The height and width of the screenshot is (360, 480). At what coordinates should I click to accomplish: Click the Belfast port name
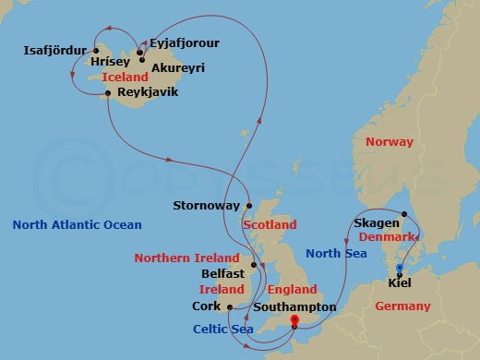click(222, 274)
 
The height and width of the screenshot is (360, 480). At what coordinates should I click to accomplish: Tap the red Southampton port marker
click(294, 321)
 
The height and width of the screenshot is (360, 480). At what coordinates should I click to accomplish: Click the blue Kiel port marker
click(399, 269)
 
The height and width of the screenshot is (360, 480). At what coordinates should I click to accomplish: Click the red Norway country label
click(390, 141)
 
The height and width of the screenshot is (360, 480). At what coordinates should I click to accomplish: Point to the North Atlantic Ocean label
click(78, 224)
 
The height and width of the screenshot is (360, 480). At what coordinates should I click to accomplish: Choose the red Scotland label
click(270, 224)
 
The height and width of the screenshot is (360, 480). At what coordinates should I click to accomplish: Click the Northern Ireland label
click(186, 258)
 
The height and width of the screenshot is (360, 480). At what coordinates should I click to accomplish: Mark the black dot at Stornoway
click(248, 206)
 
